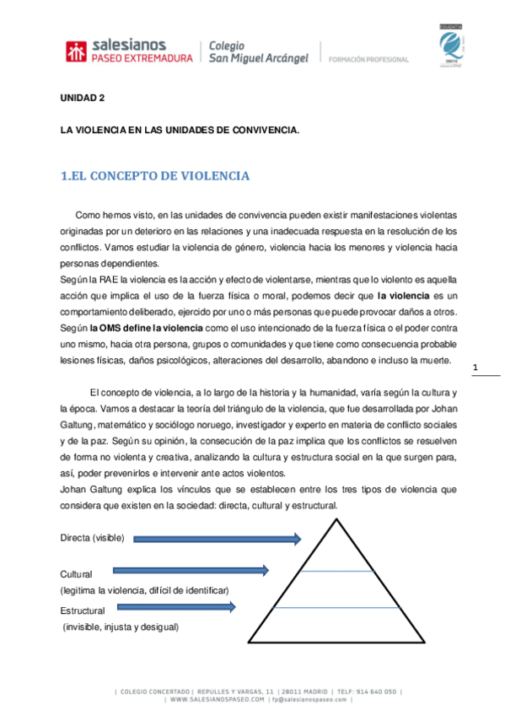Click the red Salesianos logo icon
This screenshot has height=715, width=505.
click(76, 51)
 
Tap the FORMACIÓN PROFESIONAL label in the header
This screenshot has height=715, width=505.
click(369, 60)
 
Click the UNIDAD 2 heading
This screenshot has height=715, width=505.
click(82, 99)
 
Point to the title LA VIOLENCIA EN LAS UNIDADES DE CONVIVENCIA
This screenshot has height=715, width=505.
click(179, 131)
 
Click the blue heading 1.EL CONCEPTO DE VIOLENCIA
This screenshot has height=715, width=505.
click(155, 176)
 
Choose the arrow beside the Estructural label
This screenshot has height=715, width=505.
click(176, 606)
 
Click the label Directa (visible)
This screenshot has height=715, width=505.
click(92, 538)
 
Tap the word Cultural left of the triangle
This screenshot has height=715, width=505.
click(76, 573)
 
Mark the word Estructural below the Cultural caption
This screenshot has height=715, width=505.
click(83, 610)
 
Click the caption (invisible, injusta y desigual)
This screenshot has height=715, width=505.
click(121, 627)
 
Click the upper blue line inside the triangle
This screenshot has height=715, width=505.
click(336, 572)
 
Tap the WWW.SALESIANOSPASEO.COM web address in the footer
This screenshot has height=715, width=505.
click(216, 700)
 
